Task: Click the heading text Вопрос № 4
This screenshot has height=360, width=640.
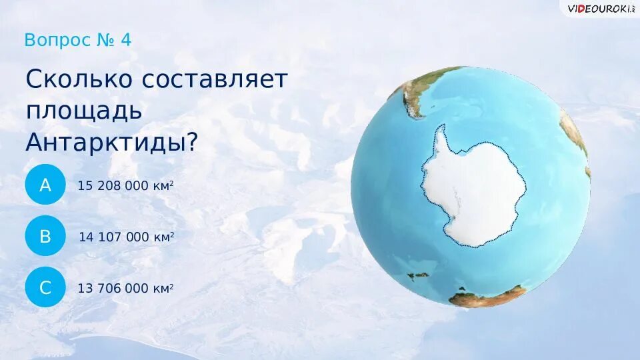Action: (77, 40)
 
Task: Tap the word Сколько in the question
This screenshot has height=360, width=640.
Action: (79, 79)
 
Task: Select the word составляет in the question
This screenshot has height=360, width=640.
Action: (215, 79)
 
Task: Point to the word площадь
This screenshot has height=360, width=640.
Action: (84, 111)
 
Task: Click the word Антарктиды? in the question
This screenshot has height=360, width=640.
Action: (111, 142)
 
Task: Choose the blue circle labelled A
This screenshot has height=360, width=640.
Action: (45, 185)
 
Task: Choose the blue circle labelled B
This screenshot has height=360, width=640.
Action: (45, 237)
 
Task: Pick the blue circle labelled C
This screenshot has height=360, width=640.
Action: (45, 288)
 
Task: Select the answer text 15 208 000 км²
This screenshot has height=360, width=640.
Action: (126, 185)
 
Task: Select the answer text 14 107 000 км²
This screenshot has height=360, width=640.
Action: (127, 237)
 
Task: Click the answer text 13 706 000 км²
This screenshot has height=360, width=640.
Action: (126, 288)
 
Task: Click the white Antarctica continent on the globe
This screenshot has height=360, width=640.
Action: (477, 193)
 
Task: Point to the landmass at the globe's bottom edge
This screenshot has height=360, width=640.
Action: (487, 297)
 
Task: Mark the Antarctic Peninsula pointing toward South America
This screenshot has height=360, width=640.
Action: (440, 140)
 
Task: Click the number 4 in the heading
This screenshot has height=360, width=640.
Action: (126, 40)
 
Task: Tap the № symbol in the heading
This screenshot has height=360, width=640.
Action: (106, 40)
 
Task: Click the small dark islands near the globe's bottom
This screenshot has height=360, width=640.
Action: (419, 275)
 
